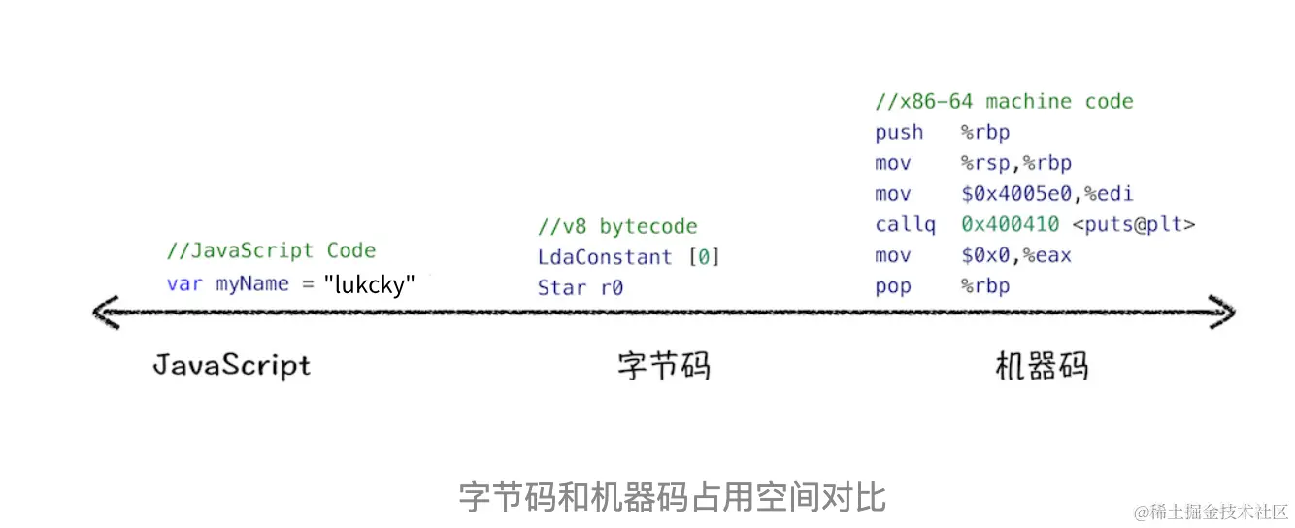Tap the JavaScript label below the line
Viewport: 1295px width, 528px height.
click(232, 365)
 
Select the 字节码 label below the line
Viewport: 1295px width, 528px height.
click(664, 365)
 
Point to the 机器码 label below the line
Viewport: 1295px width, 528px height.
click(1042, 365)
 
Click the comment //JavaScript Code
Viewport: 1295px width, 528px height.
click(271, 250)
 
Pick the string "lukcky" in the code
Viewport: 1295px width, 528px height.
click(370, 284)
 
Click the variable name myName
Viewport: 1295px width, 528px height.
click(251, 284)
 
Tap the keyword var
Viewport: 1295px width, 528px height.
click(184, 284)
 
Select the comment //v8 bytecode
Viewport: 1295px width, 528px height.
click(617, 227)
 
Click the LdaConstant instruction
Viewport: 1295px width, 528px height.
click(605, 257)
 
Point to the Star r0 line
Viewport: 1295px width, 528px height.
click(581, 287)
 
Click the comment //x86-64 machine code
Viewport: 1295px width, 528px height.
click(1004, 102)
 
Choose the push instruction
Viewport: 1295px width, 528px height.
click(899, 132)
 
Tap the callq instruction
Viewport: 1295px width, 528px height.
click(905, 225)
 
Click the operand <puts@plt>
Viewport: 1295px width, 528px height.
click(1133, 225)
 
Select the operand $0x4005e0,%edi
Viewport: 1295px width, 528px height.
click(1046, 194)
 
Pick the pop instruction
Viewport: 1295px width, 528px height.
click(893, 286)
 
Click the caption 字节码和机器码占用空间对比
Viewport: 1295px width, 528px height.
click(672, 497)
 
